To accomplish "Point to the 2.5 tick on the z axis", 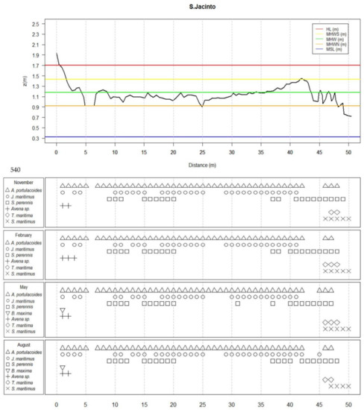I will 35,23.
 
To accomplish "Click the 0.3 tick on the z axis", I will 35,138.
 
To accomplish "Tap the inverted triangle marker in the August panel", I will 63,368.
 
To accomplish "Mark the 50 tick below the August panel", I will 348,404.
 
